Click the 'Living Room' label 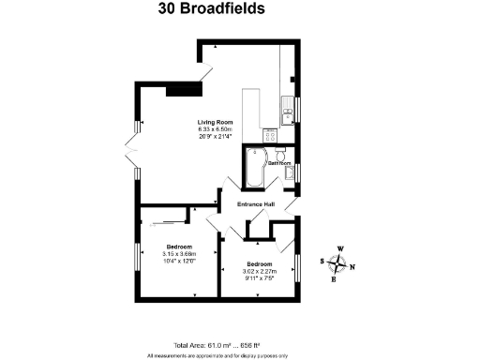[x=214, y=122]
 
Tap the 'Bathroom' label [x=279, y=163]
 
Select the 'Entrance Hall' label [x=256, y=203]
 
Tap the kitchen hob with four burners [x=270, y=135]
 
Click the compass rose [x=338, y=262]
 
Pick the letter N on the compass [x=352, y=266]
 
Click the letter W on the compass [x=339, y=248]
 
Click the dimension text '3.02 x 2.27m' [x=259, y=271]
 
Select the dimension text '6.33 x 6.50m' [x=214, y=129]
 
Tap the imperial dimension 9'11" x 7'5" [x=259, y=277]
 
